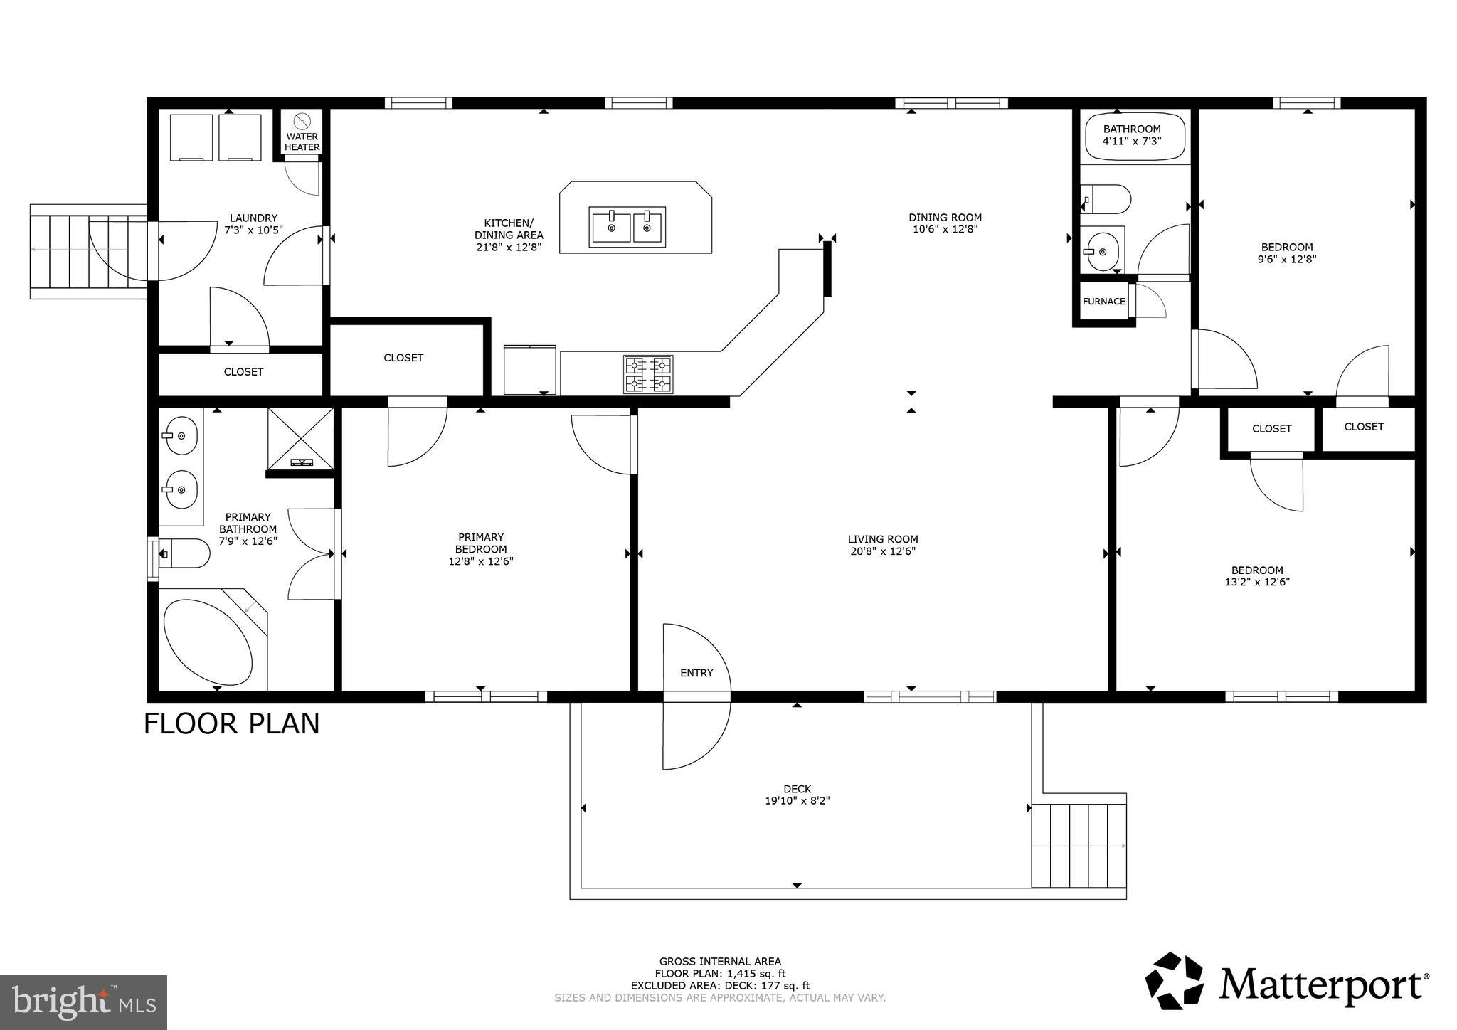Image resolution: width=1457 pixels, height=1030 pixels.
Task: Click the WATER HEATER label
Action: pyautogui.click(x=302, y=142)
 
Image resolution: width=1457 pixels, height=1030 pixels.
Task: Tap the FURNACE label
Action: pyautogui.click(x=1103, y=302)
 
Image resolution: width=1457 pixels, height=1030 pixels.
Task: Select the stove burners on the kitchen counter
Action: pyautogui.click(x=648, y=374)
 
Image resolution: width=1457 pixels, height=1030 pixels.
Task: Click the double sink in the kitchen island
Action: pyautogui.click(x=627, y=227)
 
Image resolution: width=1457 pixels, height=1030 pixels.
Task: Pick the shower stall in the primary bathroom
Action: pyautogui.click(x=301, y=439)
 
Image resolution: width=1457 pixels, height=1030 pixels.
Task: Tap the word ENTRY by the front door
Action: pyautogui.click(x=696, y=673)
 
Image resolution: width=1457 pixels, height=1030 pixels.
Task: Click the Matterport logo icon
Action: pyautogui.click(x=1174, y=981)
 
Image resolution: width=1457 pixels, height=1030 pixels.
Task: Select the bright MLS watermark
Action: pyautogui.click(x=83, y=1002)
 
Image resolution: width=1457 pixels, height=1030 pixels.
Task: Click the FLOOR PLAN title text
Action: pyautogui.click(x=231, y=723)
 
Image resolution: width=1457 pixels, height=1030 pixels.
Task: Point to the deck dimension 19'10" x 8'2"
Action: pyautogui.click(x=797, y=801)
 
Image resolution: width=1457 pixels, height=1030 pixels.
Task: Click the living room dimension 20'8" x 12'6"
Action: pyautogui.click(x=882, y=551)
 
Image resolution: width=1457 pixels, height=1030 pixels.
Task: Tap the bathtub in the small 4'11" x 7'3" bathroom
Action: pyautogui.click(x=1135, y=137)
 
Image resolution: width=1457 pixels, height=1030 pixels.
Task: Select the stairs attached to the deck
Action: pyautogui.click(x=1079, y=846)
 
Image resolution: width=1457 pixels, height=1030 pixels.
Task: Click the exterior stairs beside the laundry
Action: pyautogui.click(x=88, y=251)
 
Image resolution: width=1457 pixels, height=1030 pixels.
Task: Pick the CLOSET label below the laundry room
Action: pyautogui.click(x=243, y=372)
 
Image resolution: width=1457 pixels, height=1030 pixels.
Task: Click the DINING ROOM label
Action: pyautogui.click(x=945, y=218)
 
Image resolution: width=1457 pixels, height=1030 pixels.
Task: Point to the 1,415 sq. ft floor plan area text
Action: pyautogui.click(x=720, y=974)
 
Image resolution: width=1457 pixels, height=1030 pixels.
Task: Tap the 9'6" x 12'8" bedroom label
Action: pyautogui.click(x=1286, y=260)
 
